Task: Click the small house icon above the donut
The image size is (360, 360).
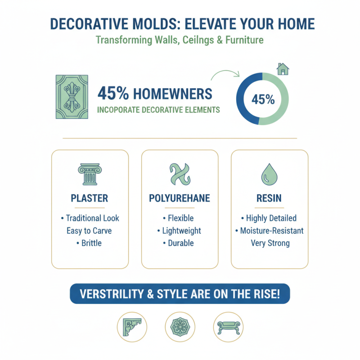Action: click(x=283, y=69)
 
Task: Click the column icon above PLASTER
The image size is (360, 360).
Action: click(x=90, y=175)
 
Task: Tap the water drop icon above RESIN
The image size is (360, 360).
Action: click(x=269, y=174)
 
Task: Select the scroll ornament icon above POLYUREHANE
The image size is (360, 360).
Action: click(x=180, y=175)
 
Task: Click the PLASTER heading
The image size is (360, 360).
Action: click(x=90, y=198)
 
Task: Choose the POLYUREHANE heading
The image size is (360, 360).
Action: click(x=180, y=198)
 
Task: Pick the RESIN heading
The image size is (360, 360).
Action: click(x=269, y=198)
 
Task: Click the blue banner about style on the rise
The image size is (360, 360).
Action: click(x=180, y=295)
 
